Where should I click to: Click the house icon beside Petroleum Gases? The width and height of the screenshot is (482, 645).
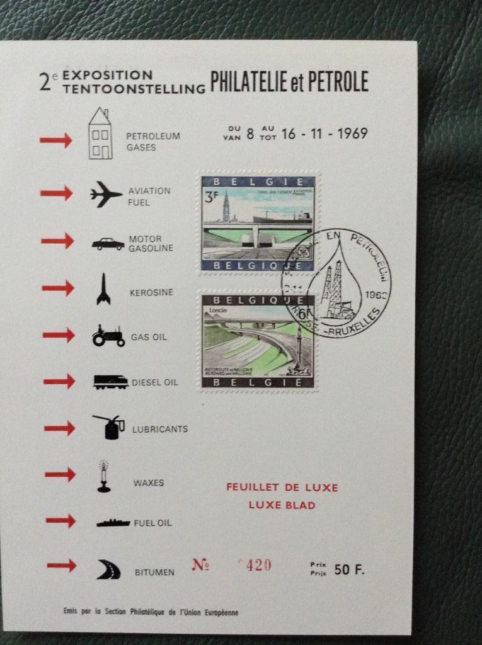100,134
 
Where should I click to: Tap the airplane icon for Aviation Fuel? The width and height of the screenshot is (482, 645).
105,193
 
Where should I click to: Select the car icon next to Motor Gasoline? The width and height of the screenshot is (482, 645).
108,243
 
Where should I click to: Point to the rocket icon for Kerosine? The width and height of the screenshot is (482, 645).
103,289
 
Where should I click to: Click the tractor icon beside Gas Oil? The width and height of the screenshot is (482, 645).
108,336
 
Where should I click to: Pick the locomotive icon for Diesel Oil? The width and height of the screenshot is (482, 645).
110,382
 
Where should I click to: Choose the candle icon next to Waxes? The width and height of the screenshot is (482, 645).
103,476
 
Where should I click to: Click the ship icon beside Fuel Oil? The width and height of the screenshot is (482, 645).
113,523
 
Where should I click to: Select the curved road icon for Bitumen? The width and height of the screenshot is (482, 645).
108,569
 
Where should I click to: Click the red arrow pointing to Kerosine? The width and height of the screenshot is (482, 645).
58,288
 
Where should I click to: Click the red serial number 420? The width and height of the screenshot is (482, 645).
258,565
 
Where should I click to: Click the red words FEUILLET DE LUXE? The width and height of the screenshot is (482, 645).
282,488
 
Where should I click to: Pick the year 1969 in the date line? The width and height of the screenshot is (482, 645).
352,134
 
